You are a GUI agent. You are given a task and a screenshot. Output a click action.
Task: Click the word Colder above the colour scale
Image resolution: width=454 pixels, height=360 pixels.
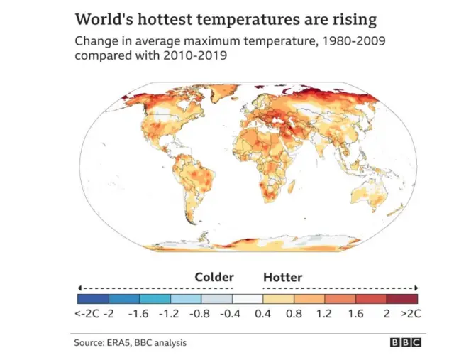pyautogui.click(x=214, y=277)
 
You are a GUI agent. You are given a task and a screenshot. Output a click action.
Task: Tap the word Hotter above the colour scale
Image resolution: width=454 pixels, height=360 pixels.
pyautogui.click(x=282, y=277)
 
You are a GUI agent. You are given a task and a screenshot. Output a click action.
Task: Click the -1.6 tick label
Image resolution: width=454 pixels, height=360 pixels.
pyautogui.click(x=140, y=313)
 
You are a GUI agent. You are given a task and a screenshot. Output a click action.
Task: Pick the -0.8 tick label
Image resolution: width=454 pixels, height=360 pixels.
pyautogui.click(x=201, y=313)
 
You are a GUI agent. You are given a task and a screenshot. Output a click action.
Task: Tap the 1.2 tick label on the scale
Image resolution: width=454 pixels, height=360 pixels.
pyautogui.click(x=325, y=313)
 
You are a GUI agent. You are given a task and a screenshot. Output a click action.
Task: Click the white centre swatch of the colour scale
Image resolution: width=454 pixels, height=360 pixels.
pyautogui.click(x=248, y=299)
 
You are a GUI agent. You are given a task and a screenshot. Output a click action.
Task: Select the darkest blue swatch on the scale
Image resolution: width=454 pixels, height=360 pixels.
pyautogui.click(x=93, y=299)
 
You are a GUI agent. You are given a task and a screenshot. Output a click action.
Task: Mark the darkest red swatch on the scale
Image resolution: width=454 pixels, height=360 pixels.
pyautogui.click(x=402, y=299)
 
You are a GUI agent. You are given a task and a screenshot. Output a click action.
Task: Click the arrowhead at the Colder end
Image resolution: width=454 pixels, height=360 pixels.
pyautogui.click(x=80, y=288)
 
